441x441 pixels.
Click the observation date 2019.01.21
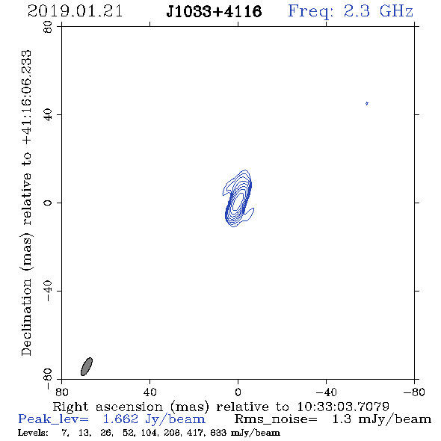[x=75, y=11]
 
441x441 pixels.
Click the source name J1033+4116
[x=214, y=11]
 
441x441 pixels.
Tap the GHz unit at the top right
[x=396, y=11]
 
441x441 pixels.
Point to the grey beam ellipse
[x=87, y=366]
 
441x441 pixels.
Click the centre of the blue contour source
[x=238, y=199]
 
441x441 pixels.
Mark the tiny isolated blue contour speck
[x=367, y=103]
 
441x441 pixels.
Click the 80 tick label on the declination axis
[x=48, y=27]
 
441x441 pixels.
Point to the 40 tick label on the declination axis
[x=48, y=115]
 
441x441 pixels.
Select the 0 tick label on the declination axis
[x=48, y=203]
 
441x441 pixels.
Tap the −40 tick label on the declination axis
[x=48, y=291]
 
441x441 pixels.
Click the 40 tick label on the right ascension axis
[x=149, y=392]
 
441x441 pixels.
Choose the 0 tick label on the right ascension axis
[x=238, y=392]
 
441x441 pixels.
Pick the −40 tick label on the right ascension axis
[x=326, y=392]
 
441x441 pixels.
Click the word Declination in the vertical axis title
[x=26, y=317]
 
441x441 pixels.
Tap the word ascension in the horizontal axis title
[x=129, y=407]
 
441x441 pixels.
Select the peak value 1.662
[x=120, y=419]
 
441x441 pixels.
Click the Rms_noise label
[x=276, y=419]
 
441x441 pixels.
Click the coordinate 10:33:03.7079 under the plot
[x=343, y=407]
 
